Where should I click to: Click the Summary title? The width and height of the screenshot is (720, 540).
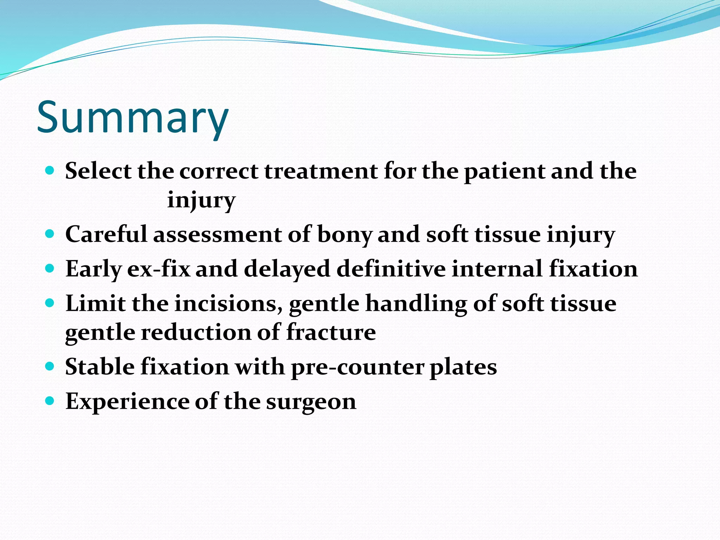tap(133, 118)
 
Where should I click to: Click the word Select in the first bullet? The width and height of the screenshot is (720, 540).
tap(98, 171)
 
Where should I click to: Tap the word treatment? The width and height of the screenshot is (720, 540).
tap(321, 171)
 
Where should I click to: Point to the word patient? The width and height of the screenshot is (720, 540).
tap(504, 171)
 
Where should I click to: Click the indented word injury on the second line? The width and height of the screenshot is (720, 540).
tap(201, 200)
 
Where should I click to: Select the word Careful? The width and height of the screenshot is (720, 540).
tap(106, 234)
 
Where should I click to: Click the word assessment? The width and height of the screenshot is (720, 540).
tap(217, 234)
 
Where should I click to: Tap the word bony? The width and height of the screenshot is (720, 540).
tap(345, 234)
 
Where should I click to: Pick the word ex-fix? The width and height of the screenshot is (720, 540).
tap(158, 269)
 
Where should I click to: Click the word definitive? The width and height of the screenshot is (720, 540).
tap(391, 269)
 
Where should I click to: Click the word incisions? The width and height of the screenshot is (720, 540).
tap(229, 303)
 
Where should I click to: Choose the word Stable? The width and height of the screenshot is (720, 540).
tap(100, 367)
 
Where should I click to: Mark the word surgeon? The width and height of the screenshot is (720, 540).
tap(311, 401)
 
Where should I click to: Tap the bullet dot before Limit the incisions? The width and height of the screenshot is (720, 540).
tap(50, 302)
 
